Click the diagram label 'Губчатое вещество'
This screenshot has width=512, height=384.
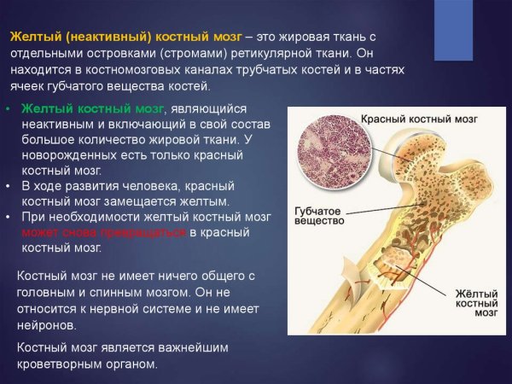click(x=318, y=214)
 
